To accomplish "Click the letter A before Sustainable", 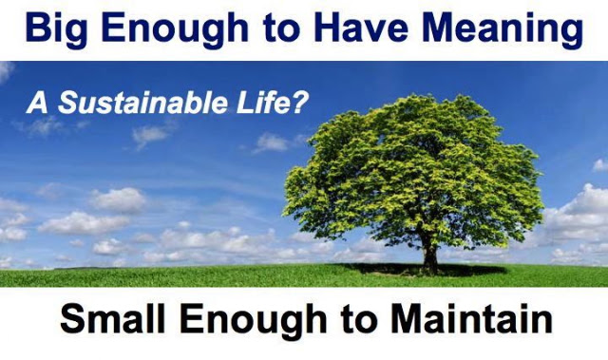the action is coord(38,103).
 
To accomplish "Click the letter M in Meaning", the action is coord(439,28).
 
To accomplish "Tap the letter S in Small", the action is coord(72,318).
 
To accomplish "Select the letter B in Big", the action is coord(38,28).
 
